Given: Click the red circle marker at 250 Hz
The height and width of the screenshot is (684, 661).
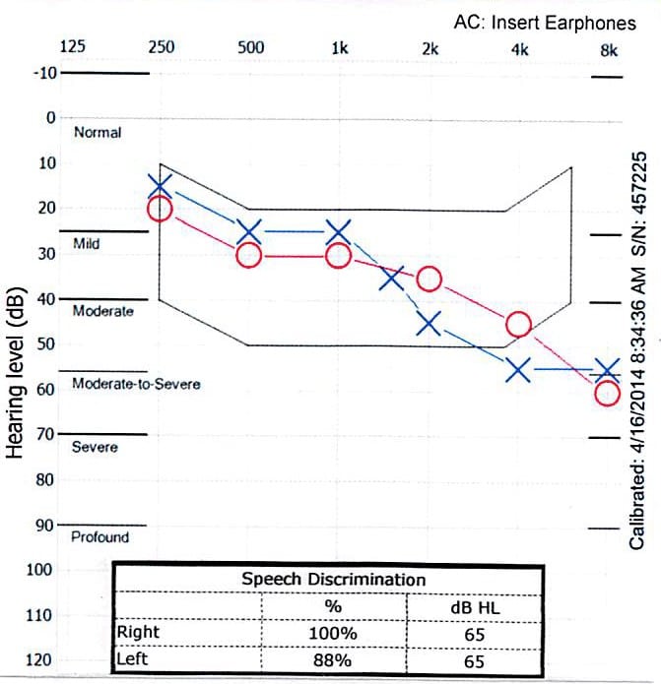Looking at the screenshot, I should pyautogui.click(x=160, y=209).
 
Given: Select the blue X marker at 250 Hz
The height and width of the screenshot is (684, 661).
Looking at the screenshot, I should pyautogui.click(x=162, y=185).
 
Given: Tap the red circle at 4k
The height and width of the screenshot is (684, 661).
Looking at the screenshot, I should pyautogui.click(x=518, y=325).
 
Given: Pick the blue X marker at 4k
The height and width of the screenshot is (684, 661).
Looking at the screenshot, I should pyautogui.click(x=518, y=370).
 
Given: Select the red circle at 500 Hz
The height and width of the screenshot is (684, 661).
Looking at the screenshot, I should pyautogui.click(x=249, y=255).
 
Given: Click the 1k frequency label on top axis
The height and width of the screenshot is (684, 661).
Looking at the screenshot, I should pyautogui.click(x=340, y=47).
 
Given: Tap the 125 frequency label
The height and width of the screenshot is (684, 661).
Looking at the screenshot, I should pyautogui.click(x=73, y=47).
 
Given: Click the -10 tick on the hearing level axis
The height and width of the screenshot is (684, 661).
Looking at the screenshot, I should pyautogui.click(x=45, y=73).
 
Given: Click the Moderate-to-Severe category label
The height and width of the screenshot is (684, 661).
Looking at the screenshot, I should pyautogui.click(x=136, y=383).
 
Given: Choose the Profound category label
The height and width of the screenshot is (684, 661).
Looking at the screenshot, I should pyautogui.click(x=99, y=537).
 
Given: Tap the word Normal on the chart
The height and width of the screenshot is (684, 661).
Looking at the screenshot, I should pyautogui.click(x=98, y=132).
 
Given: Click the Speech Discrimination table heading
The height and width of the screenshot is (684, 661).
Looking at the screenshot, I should pyautogui.click(x=333, y=579).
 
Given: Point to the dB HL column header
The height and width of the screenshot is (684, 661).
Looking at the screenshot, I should pyautogui.click(x=474, y=607).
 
